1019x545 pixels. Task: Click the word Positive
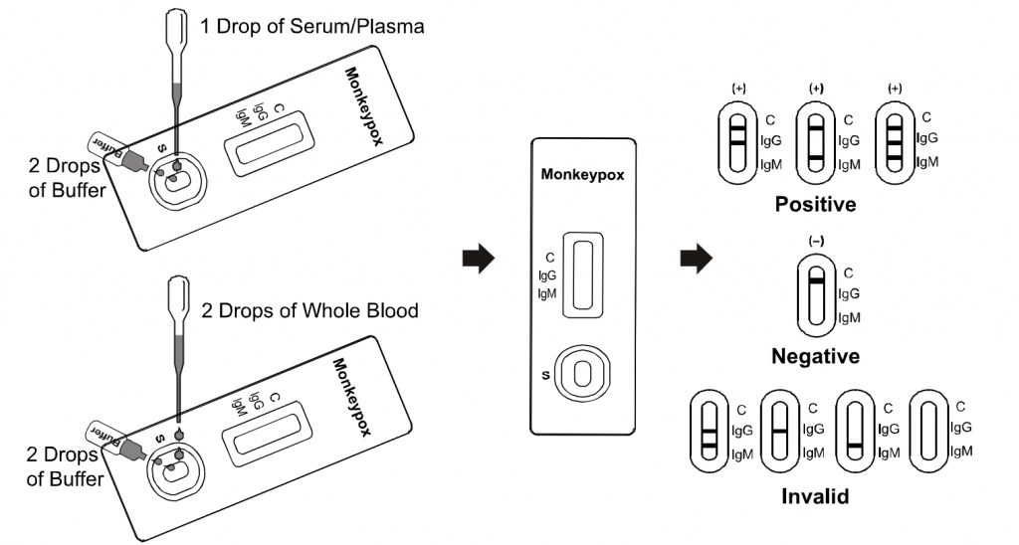click(x=815, y=205)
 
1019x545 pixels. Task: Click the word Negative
click(x=815, y=355)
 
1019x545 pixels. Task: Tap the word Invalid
click(x=815, y=495)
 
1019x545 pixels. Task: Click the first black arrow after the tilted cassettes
click(x=479, y=260)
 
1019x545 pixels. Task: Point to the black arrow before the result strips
click(x=696, y=260)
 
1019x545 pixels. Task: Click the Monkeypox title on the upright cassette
click(x=582, y=174)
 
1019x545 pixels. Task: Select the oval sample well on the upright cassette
click(x=582, y=373)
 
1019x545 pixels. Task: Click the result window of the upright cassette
click(x=582, y=275)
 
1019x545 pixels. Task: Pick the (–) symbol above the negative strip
click(x=816, y=239)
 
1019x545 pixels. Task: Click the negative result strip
click(x=816, y=294)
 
